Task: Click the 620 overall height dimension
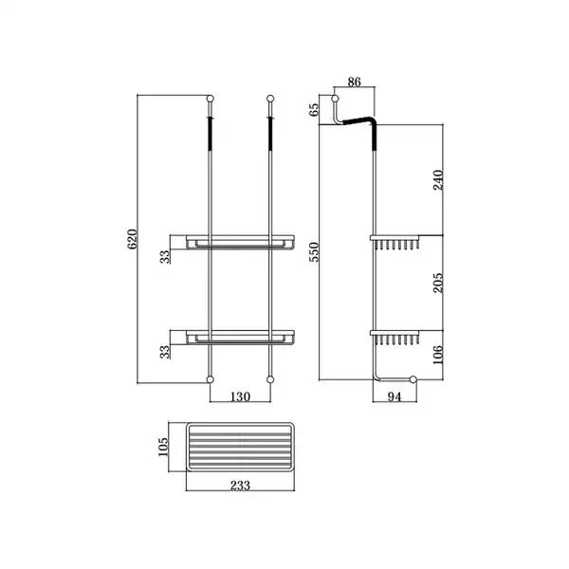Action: (133, 239)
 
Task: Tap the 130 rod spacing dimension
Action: (240, 396)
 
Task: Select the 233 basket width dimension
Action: (240, 486)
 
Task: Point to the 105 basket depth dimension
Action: (163, 447)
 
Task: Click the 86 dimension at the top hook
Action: (354, 82)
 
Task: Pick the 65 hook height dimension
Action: (314, 110)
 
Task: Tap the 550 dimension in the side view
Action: (314, 252)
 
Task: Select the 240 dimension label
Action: (438, 180)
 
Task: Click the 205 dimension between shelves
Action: (438, 283)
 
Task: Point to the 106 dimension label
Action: (438, 355)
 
